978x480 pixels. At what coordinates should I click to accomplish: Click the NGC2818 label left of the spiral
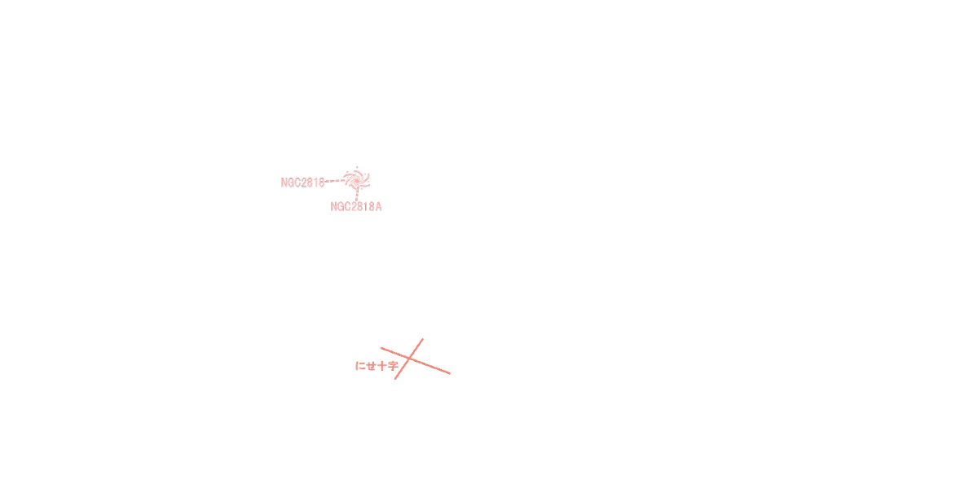click(302, 183)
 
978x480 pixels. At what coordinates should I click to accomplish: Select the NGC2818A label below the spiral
click(356, 207)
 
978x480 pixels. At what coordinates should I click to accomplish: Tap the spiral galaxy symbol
click(356, 179)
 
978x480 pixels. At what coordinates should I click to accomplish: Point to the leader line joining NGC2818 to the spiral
click(335, 182)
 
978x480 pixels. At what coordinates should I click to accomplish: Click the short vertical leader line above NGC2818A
click(357, 196)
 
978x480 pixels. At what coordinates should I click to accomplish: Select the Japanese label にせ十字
click(377, 366)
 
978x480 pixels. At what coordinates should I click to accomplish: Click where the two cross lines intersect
click(410, 358)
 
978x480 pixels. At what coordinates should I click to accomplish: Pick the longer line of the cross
click(432, 366)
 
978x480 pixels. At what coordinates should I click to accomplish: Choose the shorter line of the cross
click(416, 349)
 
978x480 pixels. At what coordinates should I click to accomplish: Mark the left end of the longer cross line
click(381, 348)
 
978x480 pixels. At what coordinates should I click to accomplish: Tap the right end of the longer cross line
click(450, 373)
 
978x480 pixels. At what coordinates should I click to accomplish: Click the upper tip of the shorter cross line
click(422, 339)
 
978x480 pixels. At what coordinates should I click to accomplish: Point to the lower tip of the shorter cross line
click(395, 379)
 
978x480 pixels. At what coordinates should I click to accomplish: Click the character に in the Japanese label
click(360, 366)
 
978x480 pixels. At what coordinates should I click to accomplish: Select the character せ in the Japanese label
click(371, 366)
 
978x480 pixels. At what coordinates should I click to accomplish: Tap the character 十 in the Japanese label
click(382, 366)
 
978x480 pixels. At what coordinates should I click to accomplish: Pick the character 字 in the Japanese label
click(393, 366)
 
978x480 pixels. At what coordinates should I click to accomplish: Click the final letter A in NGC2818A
click(378, 207)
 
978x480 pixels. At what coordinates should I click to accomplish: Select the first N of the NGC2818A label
click(334, 207)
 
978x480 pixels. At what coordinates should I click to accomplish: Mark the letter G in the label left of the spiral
click(292, 183)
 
